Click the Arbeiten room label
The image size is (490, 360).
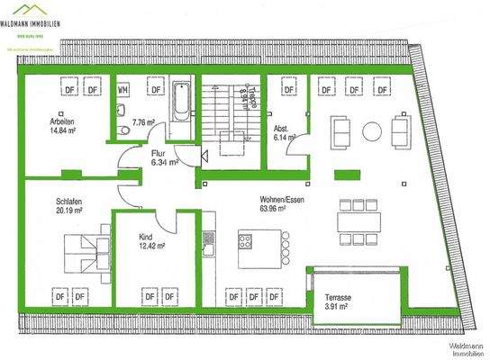[x=62, y=121]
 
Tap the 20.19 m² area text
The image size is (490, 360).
[x=69, y=211]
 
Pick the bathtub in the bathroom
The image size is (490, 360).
[x=183, y=109]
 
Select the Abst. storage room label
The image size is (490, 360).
[x=281, y=129]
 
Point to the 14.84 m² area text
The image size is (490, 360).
[x=64, y=131]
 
